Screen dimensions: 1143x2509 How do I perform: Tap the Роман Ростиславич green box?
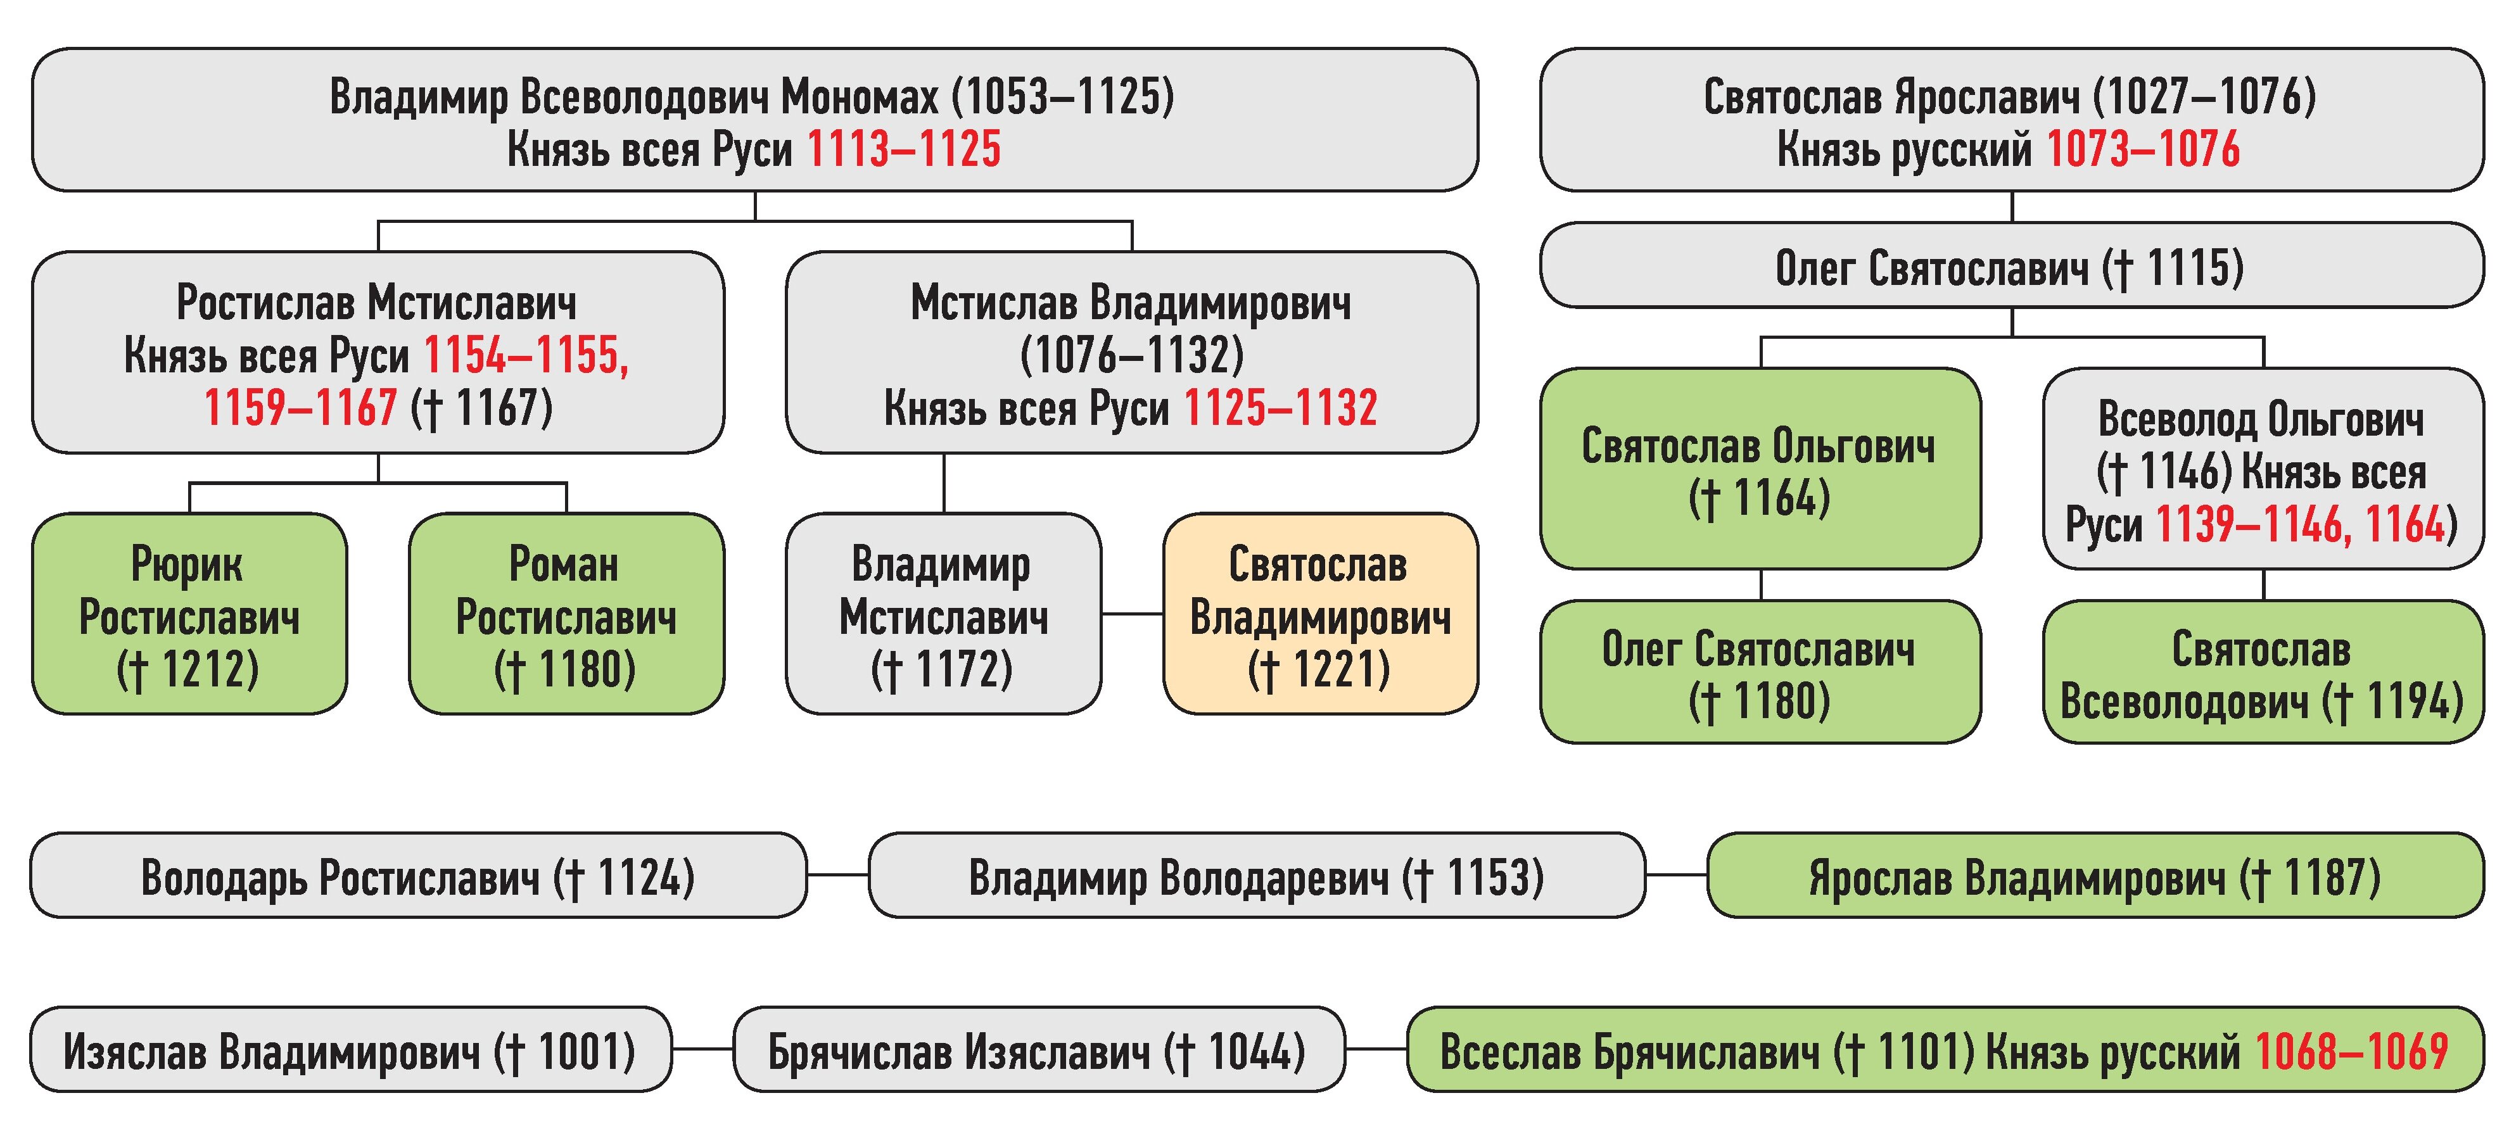(566, 614)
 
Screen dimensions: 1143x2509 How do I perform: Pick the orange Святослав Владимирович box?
(1320, 614)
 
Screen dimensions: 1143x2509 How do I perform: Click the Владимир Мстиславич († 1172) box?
(943, 614)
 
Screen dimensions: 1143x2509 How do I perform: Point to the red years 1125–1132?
(1280, 408)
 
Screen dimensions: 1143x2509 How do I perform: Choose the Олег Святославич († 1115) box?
(2011, 266)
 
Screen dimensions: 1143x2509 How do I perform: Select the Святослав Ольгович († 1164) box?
(1759, 469)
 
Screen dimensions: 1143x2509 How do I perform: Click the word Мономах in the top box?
(859, 96)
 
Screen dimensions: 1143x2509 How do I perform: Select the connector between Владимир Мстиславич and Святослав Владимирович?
(1132, 614)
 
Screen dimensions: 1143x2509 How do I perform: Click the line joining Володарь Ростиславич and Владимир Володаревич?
(837, 875)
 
